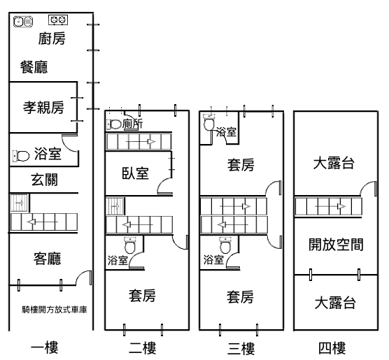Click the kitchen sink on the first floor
click(23, 22)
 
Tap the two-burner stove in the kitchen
click(58, 20)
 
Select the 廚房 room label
click(52, 38)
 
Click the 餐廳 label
click(34, 67)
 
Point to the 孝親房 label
click(43, 108)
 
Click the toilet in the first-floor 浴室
click(21, 156)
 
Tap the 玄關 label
click(44, 180)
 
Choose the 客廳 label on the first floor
click(47, 259)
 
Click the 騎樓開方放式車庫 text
click(55, 310)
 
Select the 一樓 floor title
click(44, 348)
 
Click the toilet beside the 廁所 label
click(114, 124)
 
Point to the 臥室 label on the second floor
click(135, 173)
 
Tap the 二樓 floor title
click(143, 348)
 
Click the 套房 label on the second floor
click(142, 296)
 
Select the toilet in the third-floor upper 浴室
click(209, 122)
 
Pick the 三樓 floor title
click(241, 348)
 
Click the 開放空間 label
click(336, 245)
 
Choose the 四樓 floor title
click(332, 348)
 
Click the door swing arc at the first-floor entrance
click(80, 275)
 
